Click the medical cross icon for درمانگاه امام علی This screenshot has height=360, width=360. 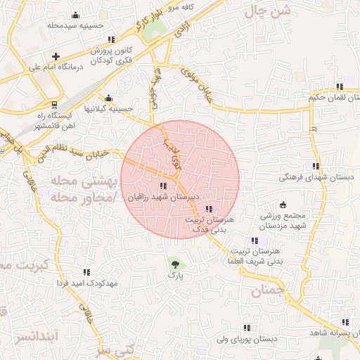[x=56, y=56]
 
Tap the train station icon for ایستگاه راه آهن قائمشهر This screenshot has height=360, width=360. [x=56, y=105]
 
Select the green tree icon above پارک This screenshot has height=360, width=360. [x=174, y=265]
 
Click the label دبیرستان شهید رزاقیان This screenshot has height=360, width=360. [x=164, y=198]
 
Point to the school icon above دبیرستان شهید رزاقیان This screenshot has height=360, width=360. [x=164, y=186]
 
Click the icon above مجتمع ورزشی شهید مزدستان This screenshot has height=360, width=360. [x=283, y=205]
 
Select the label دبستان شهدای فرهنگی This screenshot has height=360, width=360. [x=314, y=179]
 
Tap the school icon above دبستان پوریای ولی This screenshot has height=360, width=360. [x=247, y=328]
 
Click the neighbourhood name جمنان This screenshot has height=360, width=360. [x=269, y=288]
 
